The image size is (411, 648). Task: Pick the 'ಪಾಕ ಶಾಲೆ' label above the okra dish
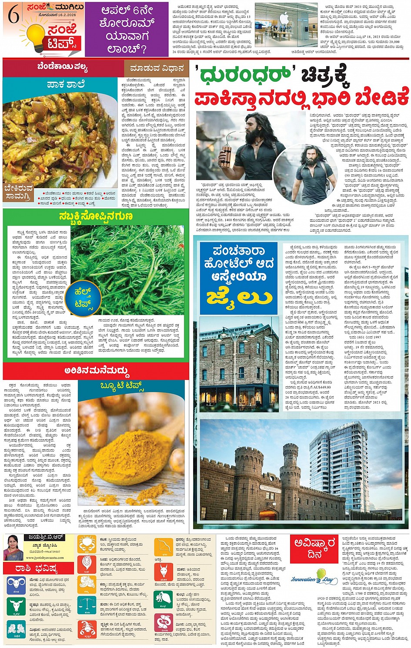click(66, 84)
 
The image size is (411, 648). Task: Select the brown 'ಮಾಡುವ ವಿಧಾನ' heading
click(155, 68)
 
